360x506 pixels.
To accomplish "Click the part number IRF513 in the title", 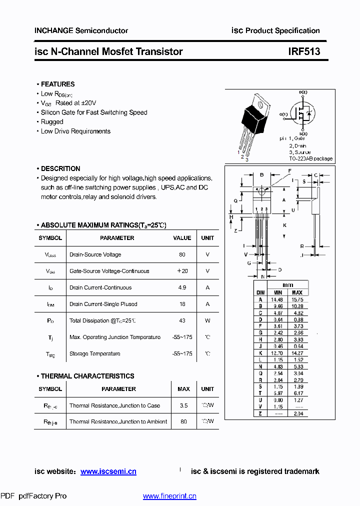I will (304, 51).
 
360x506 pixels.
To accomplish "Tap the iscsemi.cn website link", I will (108, 471).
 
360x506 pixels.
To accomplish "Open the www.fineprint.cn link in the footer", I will (169, 496).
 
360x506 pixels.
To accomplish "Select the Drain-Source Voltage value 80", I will (182, 254).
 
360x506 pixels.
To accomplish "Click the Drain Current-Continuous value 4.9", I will (182, 287).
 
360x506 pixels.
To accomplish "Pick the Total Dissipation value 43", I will (182, 320).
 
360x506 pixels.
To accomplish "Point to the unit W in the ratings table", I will (207, 320).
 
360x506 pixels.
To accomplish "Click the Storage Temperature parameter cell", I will (95, 353).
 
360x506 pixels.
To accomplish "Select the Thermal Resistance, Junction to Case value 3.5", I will (183, 405).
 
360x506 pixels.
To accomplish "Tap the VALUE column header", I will (182, 238).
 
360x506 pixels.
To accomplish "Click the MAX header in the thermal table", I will (183, 389).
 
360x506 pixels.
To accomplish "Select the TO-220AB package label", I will (310, 158).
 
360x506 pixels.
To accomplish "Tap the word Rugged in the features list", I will (52, 121).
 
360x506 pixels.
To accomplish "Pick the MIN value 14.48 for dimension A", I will (277, 299).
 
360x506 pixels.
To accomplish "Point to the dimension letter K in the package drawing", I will (284, 225).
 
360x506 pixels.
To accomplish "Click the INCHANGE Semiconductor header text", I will (81, 30).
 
